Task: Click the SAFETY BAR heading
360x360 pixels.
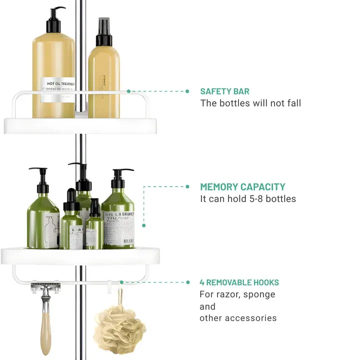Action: [224, 91]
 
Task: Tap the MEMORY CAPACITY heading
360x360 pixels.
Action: [242, 187]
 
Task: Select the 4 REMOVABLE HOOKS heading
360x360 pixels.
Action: [239, 282]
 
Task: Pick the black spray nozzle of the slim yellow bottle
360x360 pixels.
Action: [104, 31]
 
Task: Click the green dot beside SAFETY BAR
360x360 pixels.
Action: [187, 91]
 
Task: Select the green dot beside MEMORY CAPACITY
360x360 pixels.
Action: [187, 187]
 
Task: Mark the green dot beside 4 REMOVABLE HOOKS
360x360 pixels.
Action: [187, 282]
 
